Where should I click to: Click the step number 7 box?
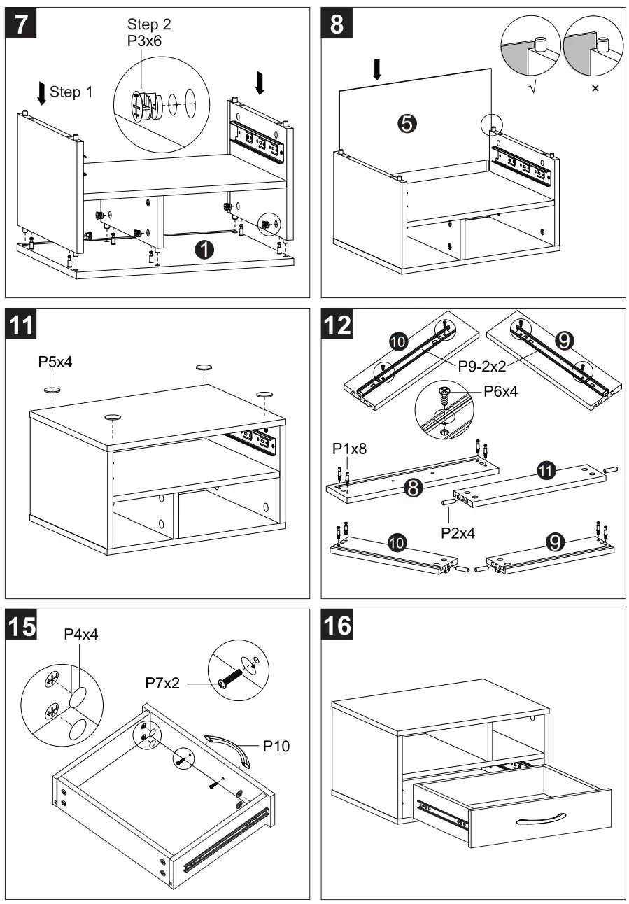coord(22,25)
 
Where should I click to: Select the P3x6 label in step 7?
coord(143,41)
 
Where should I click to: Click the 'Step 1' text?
coord(71,92)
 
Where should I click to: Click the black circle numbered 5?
coord(407,124)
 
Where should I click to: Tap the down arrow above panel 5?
coord(377,69)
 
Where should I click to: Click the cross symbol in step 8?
coord(595,89)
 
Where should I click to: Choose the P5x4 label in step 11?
coord(56,362)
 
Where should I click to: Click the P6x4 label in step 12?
coord(501,392)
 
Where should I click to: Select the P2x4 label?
coord(458,532)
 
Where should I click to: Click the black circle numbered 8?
coord(414,488)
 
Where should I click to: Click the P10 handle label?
coord(276,746)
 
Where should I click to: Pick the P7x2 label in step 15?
coord(162,682)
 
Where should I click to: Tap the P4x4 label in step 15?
coord(81,634)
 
